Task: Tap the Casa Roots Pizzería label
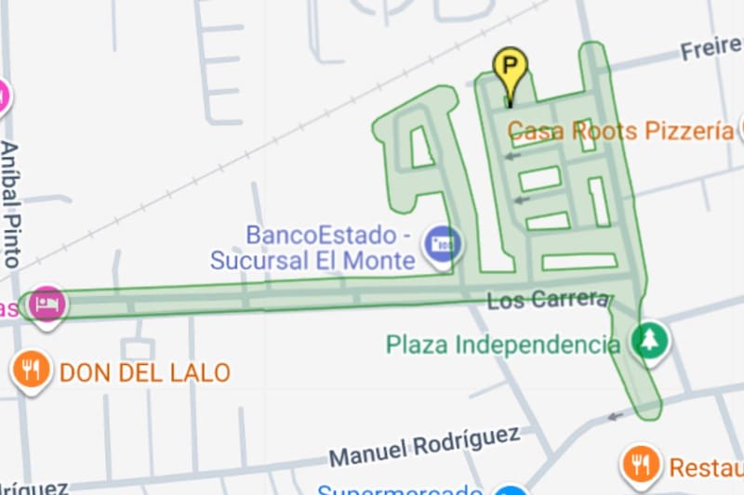[x=620, y=131]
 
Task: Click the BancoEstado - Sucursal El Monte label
[x=312, y=247]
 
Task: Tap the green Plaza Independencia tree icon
[x=649, y=340]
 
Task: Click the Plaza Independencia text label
[x=502, y=345]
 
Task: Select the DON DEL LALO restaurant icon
[x=33, y=371]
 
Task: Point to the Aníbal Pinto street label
[x=11, y=204]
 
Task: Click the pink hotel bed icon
[x=46, y=304]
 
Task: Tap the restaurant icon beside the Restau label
[x=641, y=462]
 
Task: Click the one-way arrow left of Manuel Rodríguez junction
[x=615, y=416]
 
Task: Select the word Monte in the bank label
[x=377, y=260]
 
